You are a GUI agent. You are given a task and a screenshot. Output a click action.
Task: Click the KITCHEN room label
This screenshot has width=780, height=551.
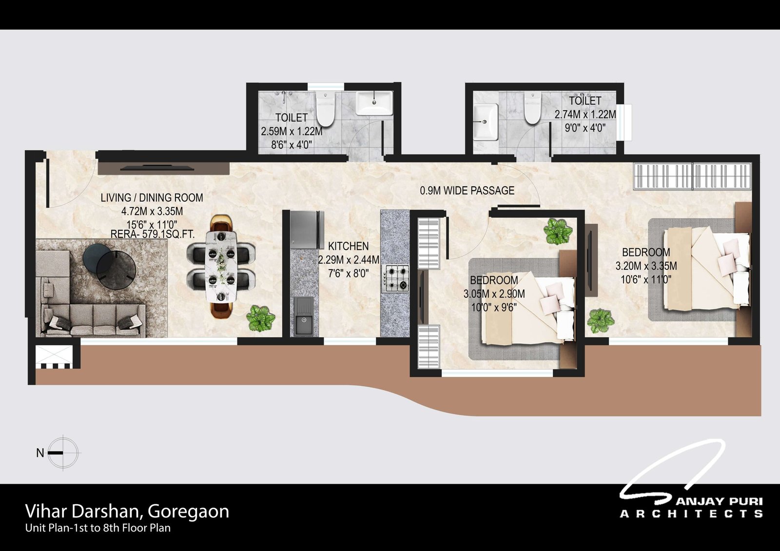pyautogui.click(x=348, y=246)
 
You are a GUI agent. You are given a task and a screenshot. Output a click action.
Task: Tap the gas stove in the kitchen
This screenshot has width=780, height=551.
pyautogui.click(x=397, y=278)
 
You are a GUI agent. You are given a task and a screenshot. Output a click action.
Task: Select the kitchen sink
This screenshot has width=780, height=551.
pyautogui.click(x=304, y=316)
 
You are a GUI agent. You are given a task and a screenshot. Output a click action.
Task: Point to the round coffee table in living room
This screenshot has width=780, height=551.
pyautogui.click(x=109, y=265)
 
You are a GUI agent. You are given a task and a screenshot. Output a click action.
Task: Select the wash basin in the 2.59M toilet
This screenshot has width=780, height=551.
pyautogui.click(x=374, y=103)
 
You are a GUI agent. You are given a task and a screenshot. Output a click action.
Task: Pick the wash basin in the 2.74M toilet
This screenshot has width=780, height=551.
pyautogui.click(x=486, y=122)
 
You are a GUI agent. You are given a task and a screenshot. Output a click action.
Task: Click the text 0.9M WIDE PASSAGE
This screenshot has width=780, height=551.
pyautogui.click(x=467, y=191)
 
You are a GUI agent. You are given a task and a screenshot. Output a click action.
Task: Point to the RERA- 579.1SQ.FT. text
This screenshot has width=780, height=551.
pyautogui.click(x=153, y=234)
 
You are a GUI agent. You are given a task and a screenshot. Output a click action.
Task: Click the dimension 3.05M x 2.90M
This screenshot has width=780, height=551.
pyautogui.click(x=494, y=294)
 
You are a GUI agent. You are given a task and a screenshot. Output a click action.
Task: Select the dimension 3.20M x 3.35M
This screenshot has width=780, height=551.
pyautogui.click(x=646, y=266)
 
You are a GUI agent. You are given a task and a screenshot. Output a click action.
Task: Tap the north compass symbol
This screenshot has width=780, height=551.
pyautogui.click(x=63, y=453)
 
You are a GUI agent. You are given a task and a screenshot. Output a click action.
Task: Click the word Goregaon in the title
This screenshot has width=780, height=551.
pyautogui.click(x=188, y=512)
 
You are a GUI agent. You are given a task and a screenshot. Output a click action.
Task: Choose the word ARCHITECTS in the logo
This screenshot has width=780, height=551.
pyautogui.click(x=691, y=514)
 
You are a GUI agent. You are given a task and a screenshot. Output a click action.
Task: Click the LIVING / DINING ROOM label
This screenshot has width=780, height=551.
pyautogui.click(x=152, y=198)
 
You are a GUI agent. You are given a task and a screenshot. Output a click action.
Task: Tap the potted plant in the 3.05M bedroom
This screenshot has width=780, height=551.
pyautogui.click(x=558, y=231)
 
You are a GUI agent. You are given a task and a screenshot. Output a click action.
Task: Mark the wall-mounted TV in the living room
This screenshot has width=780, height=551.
pyautogui.click(x=156, y=168)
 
